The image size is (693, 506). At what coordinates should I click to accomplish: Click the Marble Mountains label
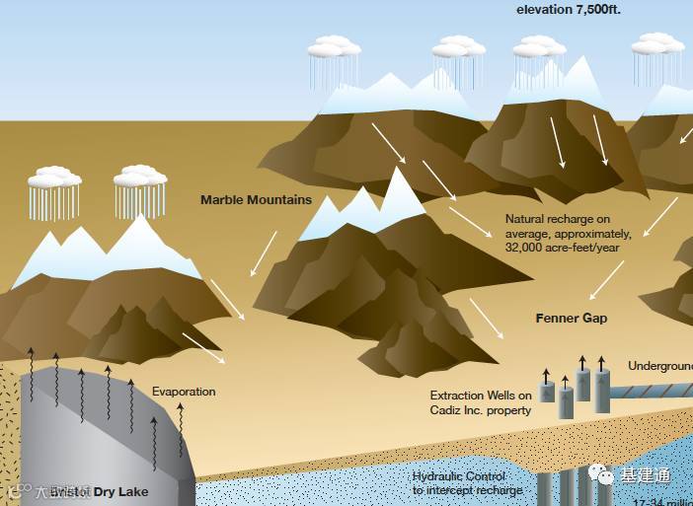(256, 200)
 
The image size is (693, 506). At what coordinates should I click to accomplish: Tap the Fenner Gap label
(571, 319)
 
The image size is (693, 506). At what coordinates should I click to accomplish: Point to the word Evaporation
(183, 392)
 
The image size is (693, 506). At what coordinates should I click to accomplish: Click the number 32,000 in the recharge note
(527, 249)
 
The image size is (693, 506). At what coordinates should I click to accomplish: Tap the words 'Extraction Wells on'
(481, 396)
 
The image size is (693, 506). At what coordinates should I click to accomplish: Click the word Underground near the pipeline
(659, 366)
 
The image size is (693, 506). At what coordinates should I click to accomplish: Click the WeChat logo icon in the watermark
(603, 476)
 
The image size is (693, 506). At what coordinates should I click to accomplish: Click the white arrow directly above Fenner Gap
(606, 280)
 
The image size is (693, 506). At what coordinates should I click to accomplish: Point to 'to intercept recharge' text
(467, 490)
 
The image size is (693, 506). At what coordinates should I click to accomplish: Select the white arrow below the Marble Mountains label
(263, 253)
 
